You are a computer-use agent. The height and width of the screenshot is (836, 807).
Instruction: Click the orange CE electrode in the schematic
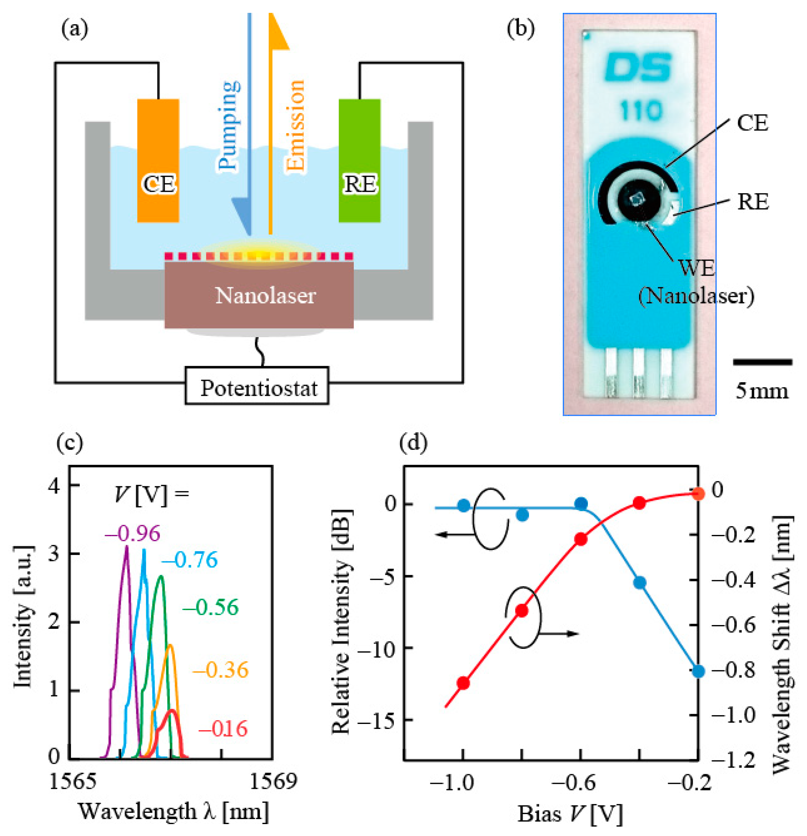[x=158, y=160]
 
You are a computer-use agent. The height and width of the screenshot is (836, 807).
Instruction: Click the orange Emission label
[x=295, y=126]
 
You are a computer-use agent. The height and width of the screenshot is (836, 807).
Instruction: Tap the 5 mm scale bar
[x=762, y=362]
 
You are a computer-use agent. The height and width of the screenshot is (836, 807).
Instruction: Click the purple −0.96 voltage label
[x=132, y=534]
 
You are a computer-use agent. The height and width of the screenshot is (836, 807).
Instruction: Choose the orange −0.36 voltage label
[x=220, y=670]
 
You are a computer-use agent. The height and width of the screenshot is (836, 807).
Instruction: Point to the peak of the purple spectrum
[x=126, y=547]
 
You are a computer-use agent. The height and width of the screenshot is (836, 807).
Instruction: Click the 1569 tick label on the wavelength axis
[x=273, y=782]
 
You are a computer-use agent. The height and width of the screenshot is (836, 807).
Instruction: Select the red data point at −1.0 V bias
[x=463, y=683]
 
